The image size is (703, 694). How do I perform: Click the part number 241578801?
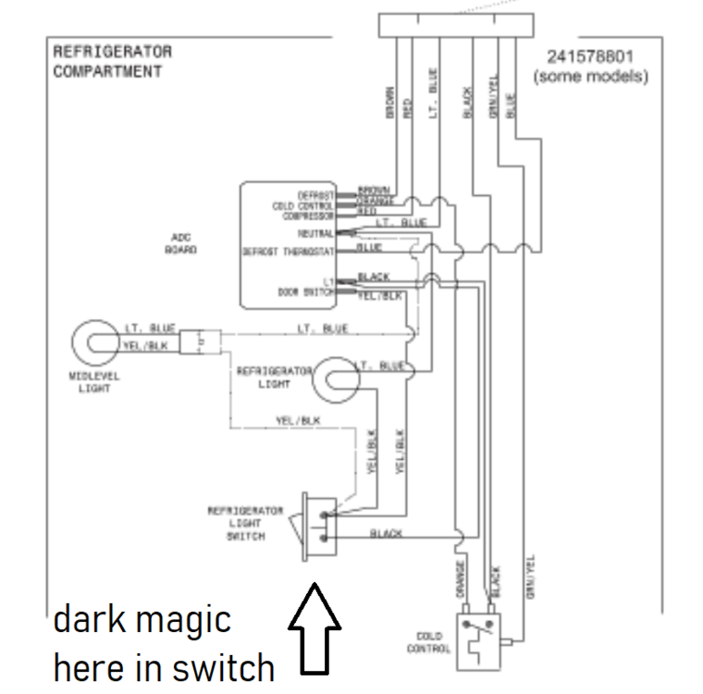pyautogui.click(x=590, y=56)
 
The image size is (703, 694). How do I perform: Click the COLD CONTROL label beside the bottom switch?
pyautogui.click(x=428, y=641)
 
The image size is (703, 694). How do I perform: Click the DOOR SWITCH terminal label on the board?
pyautogui.click(x=305, y=291)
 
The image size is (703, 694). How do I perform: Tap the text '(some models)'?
pyautogui.click(x=590, y=76)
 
